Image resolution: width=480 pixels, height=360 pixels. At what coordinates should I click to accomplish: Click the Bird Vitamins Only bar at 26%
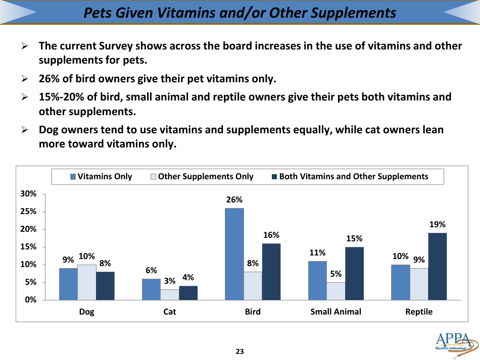(x=234, y=254)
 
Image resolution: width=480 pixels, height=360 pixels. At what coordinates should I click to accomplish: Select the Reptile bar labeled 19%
(x=438, y=266)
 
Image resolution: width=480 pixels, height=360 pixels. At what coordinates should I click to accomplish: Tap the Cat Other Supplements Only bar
(x=170, y=294)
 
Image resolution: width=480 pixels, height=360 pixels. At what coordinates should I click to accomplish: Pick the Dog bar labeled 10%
(x=87, y=282)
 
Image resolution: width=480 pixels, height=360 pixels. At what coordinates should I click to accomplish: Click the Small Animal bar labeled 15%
(x=354, y=273)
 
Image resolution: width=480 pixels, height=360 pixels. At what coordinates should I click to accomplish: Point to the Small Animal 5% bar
(x=336, y=291)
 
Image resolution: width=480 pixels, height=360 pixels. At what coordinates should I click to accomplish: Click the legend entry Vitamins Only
(x=101, y=176)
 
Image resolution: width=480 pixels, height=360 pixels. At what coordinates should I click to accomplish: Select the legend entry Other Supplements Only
(x=202, y=176)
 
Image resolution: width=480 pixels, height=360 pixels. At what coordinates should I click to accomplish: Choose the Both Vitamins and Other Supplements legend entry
(x=350, y=176)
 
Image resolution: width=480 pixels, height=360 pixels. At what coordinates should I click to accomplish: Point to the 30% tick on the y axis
(x=28, y=194)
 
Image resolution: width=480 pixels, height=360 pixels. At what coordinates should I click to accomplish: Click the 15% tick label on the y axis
(x=28, y=247)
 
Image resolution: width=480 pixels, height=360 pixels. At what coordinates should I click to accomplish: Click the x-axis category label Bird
(x=253, y=312)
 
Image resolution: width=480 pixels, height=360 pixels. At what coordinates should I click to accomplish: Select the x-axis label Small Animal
(x=335, y=312)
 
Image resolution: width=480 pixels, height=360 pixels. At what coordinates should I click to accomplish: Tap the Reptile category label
(x=419, y=312)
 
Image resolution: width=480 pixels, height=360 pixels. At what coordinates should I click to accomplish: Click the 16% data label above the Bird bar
(x=271, y=235)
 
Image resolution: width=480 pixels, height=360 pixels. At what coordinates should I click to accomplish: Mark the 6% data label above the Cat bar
(x=152, y=271)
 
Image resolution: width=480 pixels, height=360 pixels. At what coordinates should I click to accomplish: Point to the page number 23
(x=239, y=351)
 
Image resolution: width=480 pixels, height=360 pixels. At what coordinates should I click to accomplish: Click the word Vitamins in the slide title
(x=185, y=13)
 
